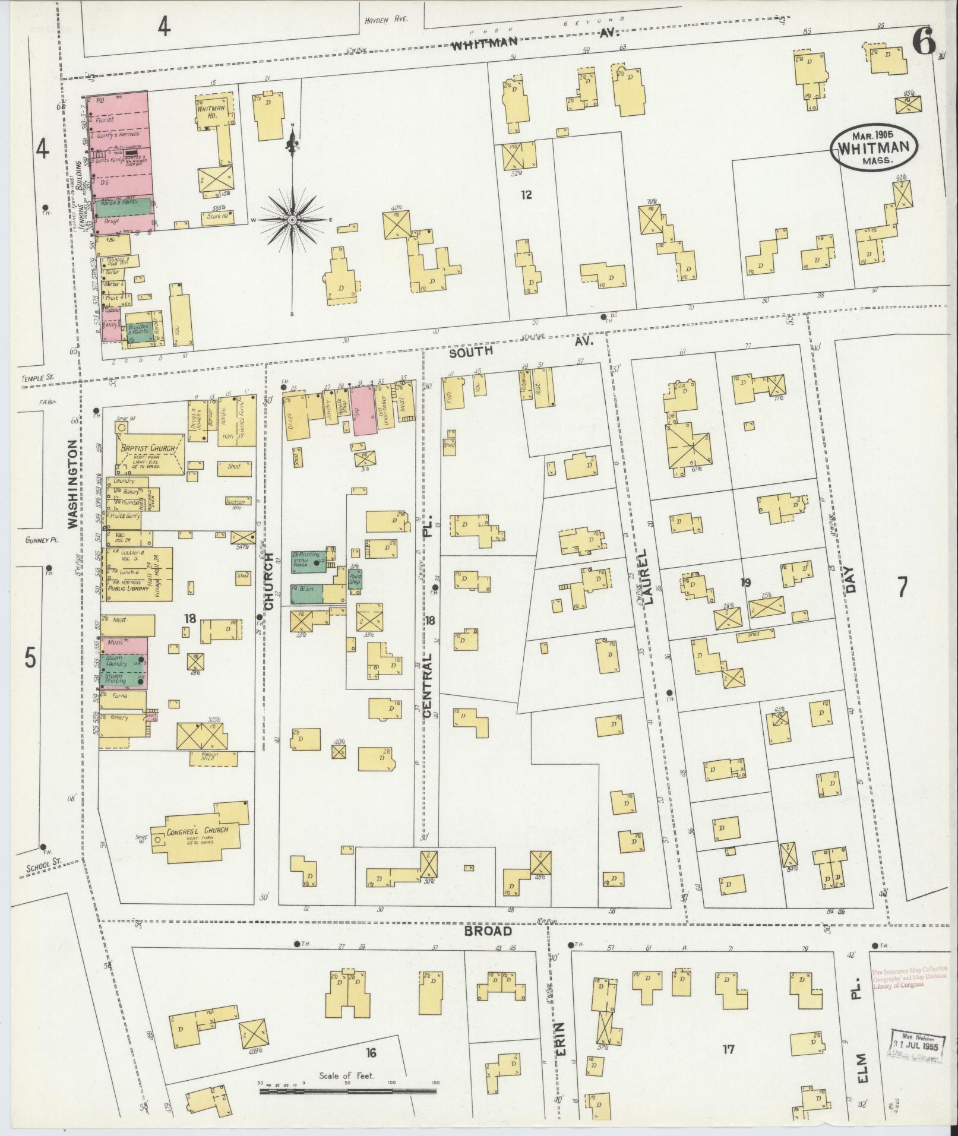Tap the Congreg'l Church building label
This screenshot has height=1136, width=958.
(192, 830)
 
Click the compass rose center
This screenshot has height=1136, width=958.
(292, 220)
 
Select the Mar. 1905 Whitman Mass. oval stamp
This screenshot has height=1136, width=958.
(874, 149)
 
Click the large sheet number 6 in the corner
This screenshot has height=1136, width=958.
(924, 42)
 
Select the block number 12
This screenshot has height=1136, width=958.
(526, 194)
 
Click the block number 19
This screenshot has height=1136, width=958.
(745, 583)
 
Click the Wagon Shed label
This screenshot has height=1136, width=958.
(204, 757)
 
